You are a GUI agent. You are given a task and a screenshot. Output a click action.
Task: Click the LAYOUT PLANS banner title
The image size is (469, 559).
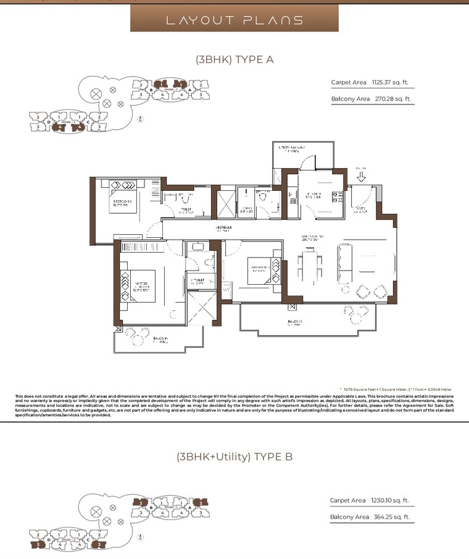click(x=234, y=20)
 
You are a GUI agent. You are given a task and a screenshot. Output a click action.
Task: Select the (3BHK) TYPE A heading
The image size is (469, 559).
click(x=234, y=60)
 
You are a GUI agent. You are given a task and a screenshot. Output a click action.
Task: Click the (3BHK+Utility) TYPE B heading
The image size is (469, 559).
click(x=234, y=457)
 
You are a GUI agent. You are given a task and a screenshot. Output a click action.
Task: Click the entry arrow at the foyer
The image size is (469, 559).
click(x=362, y=177)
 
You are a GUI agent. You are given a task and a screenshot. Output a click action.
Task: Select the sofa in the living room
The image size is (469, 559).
click(x=344, y=262)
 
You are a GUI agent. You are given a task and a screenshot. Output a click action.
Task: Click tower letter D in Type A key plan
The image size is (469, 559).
click(x=49, y=122)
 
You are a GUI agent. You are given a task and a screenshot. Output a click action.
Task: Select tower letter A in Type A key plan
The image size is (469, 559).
click(x=190, y=90)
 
